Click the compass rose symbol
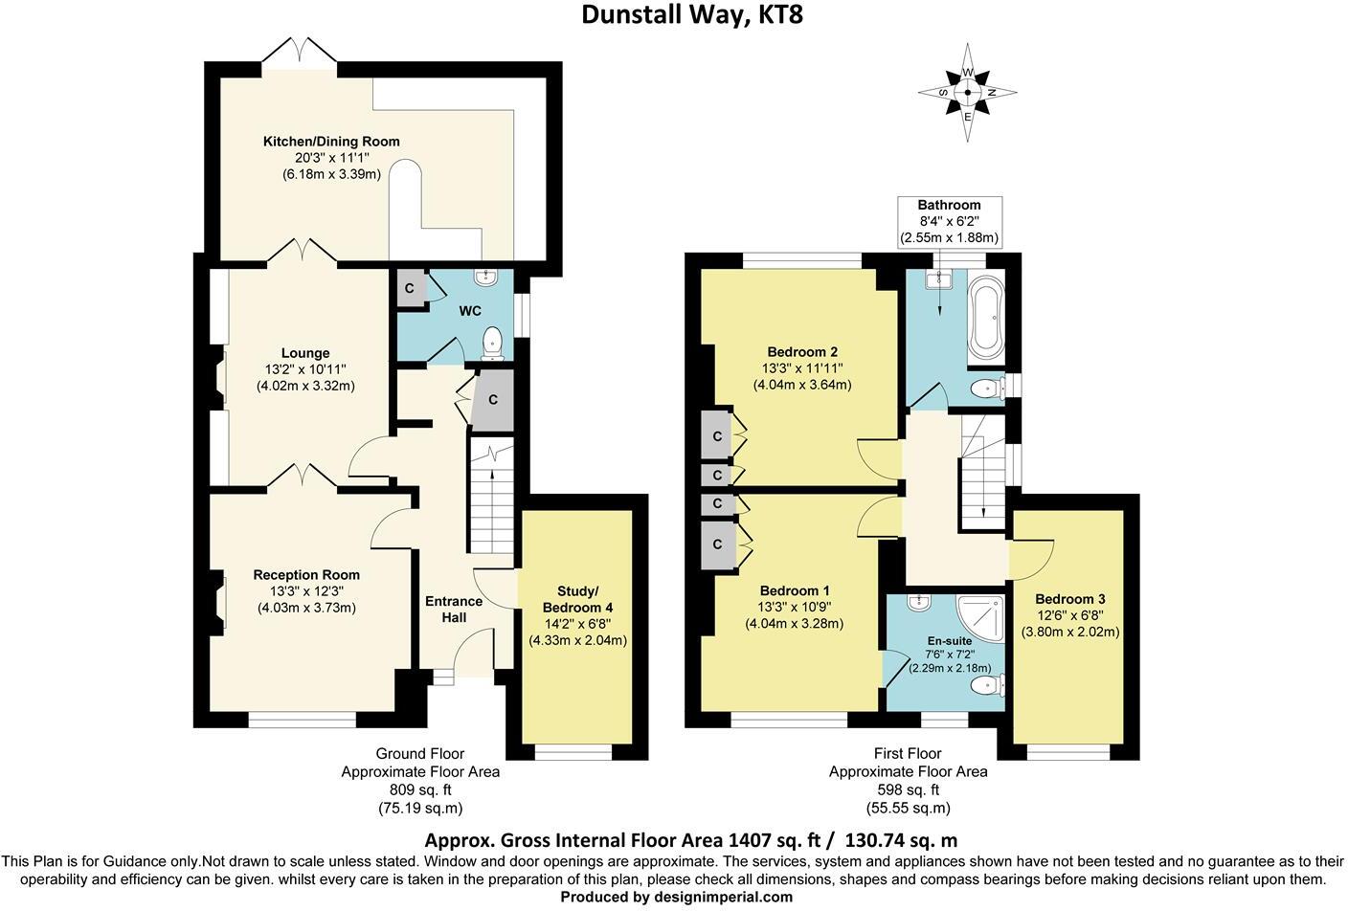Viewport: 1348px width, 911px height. pos(967,93)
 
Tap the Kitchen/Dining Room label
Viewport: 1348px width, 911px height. pos(331,142)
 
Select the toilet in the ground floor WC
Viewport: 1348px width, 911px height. pos(493,344)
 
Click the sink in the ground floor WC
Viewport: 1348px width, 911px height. pos(484,277)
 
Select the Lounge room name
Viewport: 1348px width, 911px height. pos(305,353)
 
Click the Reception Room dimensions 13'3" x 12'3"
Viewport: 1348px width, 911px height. pos(306,591)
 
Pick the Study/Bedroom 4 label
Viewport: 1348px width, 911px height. pos(577,599)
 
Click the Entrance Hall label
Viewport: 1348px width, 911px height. pos(454,610)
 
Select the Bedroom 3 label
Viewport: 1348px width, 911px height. pos(1070,599)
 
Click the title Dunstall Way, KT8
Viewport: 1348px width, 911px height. pos(692,15)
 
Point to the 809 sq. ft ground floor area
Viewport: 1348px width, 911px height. pos(420,789)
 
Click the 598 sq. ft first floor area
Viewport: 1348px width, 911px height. pos(909,789)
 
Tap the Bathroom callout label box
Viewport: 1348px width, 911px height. pos(950,221)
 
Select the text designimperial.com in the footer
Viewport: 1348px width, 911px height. pos(724,898)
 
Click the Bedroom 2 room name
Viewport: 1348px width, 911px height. pos(802,352)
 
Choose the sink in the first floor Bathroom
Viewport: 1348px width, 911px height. pos(939,278)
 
